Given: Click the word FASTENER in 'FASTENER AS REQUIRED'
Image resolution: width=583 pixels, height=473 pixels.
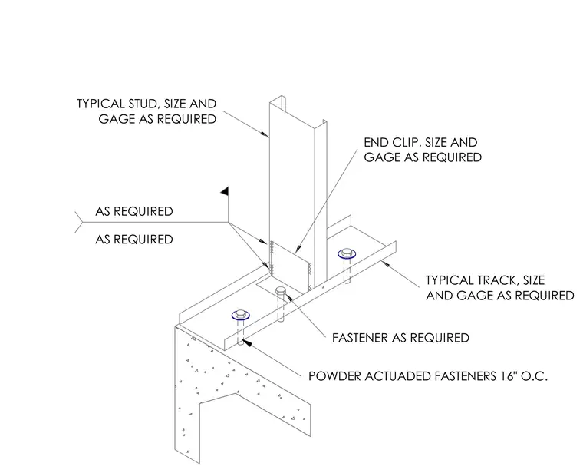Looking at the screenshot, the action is (361, 338).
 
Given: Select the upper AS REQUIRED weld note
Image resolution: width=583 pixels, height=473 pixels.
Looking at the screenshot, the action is (134, 211).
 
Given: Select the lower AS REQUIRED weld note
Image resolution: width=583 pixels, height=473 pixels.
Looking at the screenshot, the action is (134, 240).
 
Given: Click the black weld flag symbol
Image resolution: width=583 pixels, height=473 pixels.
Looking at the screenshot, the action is (225, 191).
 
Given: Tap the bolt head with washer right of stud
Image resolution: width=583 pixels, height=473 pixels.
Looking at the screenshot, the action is (347, 253).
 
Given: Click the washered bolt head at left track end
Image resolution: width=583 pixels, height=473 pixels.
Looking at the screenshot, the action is (241, 316).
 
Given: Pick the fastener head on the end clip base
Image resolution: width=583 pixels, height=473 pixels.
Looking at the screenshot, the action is (281, 290).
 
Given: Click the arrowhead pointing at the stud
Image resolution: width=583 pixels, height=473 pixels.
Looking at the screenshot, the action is (265, 134).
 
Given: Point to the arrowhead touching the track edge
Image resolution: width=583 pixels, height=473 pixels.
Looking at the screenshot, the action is (386, 264).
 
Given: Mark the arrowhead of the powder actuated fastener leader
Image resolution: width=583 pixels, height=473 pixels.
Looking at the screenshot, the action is (247, 342).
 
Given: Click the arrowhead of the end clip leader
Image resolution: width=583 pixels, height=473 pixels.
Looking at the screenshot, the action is (297, 250).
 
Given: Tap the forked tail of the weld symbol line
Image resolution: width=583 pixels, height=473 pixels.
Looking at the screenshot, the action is (78, 222).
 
